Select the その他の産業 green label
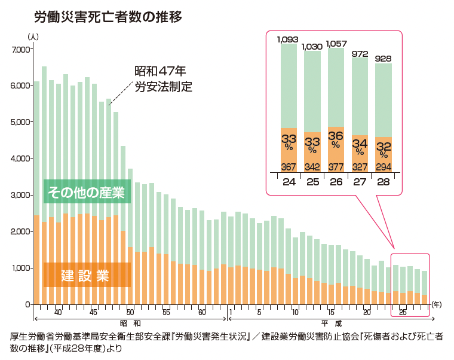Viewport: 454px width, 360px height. click(87, 193)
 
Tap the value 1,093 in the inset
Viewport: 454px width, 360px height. click(288, 40)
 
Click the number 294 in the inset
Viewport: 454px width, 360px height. click(383, 166)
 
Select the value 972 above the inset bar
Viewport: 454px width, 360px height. click(360, 54)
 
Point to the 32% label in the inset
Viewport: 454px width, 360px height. click(383, 148)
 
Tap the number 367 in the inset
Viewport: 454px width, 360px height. click(289, 166)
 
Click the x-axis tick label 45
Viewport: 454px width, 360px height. click(94, 312)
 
